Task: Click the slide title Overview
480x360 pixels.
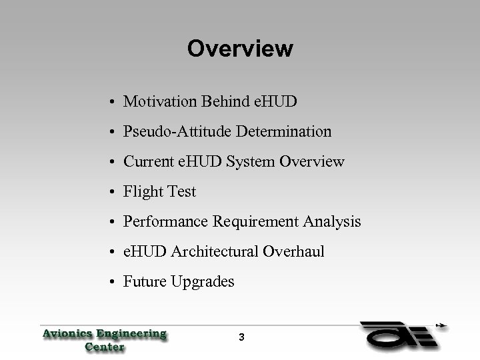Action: [240, 49]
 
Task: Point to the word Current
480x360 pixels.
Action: [147, 162]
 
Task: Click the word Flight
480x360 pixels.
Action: [141, 192]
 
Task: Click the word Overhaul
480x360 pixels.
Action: [293, 252]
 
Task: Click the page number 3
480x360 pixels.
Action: [241, 338]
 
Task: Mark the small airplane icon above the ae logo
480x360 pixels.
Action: [441, 327]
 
